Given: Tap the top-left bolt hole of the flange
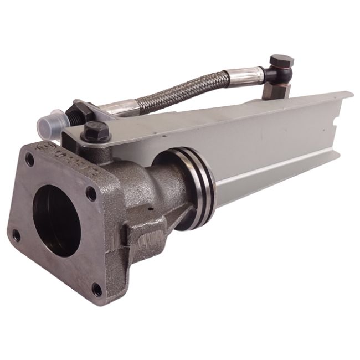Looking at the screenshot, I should click(29, 161).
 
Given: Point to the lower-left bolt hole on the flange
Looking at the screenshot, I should click(16, 235).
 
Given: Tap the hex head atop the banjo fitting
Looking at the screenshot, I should click(281, 60).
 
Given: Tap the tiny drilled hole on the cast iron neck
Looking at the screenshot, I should click(150, 209).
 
